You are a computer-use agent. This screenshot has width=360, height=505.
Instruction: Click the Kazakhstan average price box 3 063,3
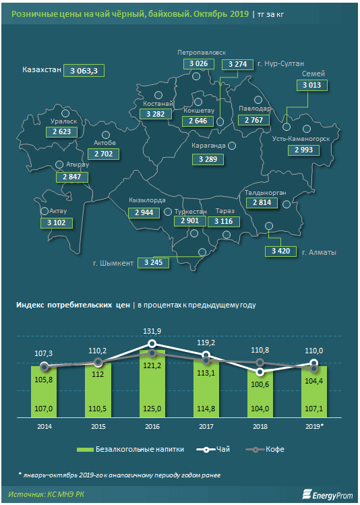click(84, 71)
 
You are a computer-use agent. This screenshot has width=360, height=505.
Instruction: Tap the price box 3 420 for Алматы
click(280, 251)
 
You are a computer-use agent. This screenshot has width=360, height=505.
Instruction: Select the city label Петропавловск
click(202, 53)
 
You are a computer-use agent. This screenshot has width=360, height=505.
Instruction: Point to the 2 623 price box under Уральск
click(62, 131)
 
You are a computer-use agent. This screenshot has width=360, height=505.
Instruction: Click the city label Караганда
click(208, 146)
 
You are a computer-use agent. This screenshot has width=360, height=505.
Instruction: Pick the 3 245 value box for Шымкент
click(153, 262)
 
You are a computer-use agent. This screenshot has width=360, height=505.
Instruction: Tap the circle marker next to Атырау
click(59, 165)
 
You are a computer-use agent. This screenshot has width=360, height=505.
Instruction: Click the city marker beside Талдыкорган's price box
click(287, 204)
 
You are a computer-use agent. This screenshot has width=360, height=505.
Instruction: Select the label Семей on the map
click(313, 73)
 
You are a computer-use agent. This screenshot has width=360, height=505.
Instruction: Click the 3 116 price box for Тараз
click(223, 221)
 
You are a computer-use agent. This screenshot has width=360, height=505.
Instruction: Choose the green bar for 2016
click(152, 384)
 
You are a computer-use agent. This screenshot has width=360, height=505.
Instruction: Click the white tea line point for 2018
click(260, 372)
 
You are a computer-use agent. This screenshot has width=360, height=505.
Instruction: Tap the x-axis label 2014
click(44, 426)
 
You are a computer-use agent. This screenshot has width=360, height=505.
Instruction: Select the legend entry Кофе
click(265, 449)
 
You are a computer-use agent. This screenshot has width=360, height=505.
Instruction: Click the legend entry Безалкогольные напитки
click(130, 449)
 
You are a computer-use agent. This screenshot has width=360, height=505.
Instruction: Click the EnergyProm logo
click(328, 494)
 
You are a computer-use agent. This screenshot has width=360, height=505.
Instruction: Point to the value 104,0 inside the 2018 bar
click(260, 409)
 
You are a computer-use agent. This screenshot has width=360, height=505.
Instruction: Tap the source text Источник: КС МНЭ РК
click(47, 494)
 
